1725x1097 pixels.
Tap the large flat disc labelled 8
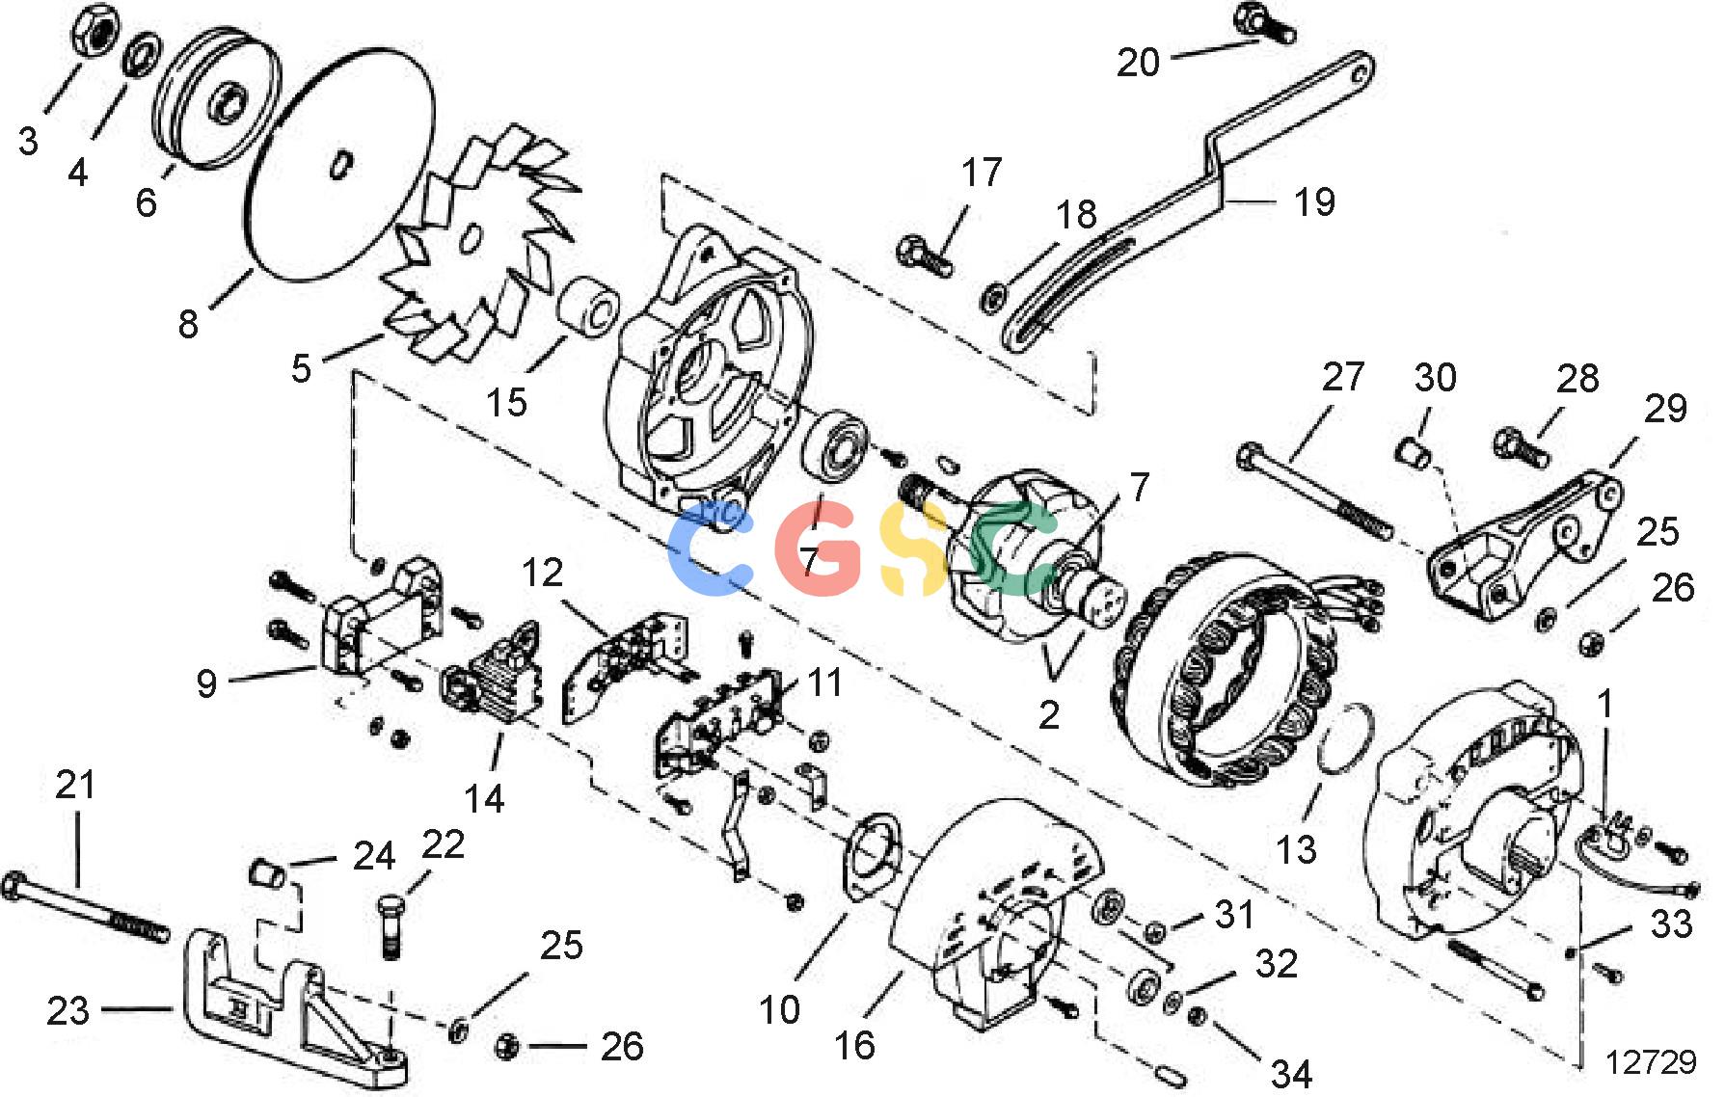[x=338, y=164]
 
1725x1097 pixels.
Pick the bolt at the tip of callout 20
[x=1265, y=23]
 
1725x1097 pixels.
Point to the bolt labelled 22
[x=390, y=926]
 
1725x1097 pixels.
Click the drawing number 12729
[x=1651, y=1061]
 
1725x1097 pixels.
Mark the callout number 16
[x=854, y=1045]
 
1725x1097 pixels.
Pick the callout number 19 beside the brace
[x=1314, y=202]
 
